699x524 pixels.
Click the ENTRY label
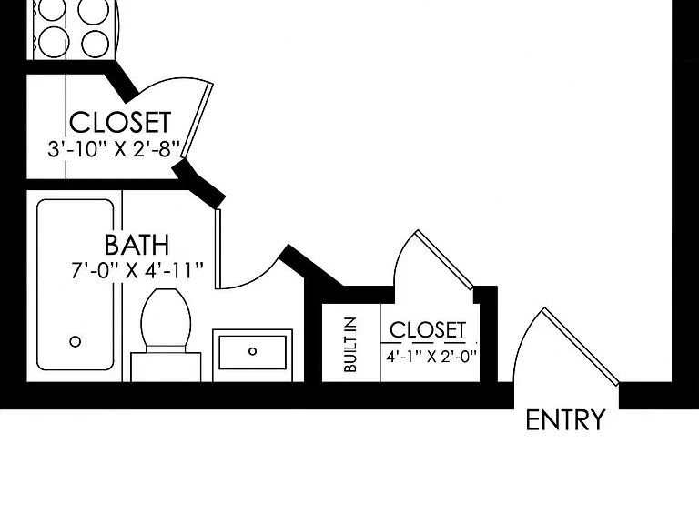tap(565, 419)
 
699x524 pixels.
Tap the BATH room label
tap(137, 245)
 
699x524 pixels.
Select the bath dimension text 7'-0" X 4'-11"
tap(137, 270)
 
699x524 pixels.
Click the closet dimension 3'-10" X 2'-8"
tap(114, 149)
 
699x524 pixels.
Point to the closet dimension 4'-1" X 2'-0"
tap(431, 357)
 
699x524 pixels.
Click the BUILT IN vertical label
tap(350, 345)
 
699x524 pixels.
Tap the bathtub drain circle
tap(76, 342)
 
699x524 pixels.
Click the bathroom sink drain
tap(252, 351)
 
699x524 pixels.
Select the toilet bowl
tap(166, 317)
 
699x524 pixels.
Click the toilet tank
tap(166, 367)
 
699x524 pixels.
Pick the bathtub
tap(76, 285)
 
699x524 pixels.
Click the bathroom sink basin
tap(252, 352)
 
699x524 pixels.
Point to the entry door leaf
tap(581, 347)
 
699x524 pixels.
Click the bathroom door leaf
tap(218, 248)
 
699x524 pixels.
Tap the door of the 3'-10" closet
tap(197, 120)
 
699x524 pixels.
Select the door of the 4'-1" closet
tap(444, 260)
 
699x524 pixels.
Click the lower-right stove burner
tap(95, 44)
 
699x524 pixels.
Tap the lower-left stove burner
tap(54, 43)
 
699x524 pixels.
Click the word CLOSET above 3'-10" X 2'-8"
tap(120, 122)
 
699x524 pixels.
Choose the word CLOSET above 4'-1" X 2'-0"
tap(428, 330)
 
